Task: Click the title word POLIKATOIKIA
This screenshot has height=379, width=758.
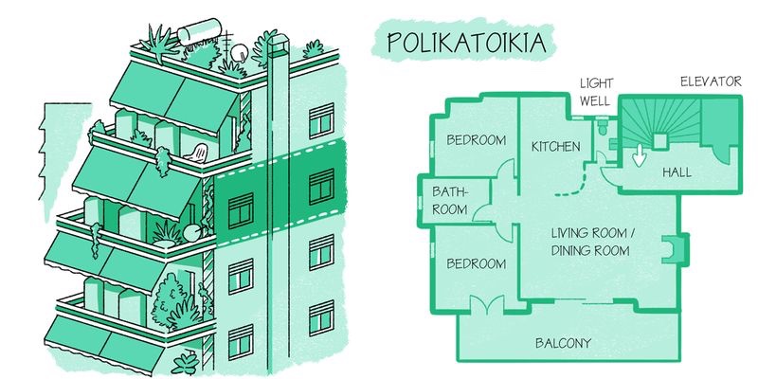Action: pos(464,43)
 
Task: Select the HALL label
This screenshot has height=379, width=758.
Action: pos(676,173)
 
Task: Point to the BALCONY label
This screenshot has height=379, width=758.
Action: pos(565,342)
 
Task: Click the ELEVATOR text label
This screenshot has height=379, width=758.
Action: pos(711,82)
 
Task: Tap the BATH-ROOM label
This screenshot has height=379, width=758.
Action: pos(450,201)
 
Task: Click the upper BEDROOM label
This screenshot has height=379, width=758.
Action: pos(476,139)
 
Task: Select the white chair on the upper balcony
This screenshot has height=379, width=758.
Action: pos(199,152)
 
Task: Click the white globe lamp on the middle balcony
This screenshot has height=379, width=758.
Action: pos(191,232)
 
